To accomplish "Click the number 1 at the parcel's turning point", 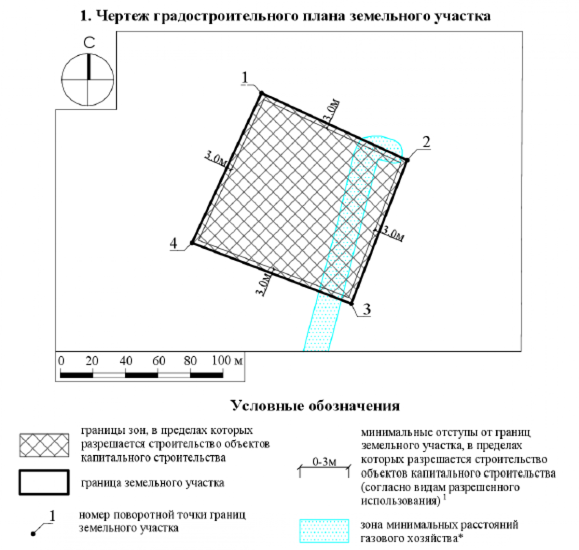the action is click(x=245, y=78).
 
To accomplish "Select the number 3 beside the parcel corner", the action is click(x=367, y=309).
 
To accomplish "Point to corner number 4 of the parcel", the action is click(x=174, y=243).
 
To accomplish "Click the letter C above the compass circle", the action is click(x=89, y=42).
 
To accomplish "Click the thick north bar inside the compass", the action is click(x=89, y=67).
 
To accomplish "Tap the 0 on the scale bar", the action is click(x=61, y=360).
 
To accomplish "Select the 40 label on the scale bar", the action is click(x=126, y=360).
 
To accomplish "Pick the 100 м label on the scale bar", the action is click(x=227, y=360).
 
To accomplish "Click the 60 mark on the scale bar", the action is click(x=159, y=360).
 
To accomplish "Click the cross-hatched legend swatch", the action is click(x=44, y=445).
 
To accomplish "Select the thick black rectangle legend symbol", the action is click(x=44, y=482).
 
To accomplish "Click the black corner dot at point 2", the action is click(x=407, y=160).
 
